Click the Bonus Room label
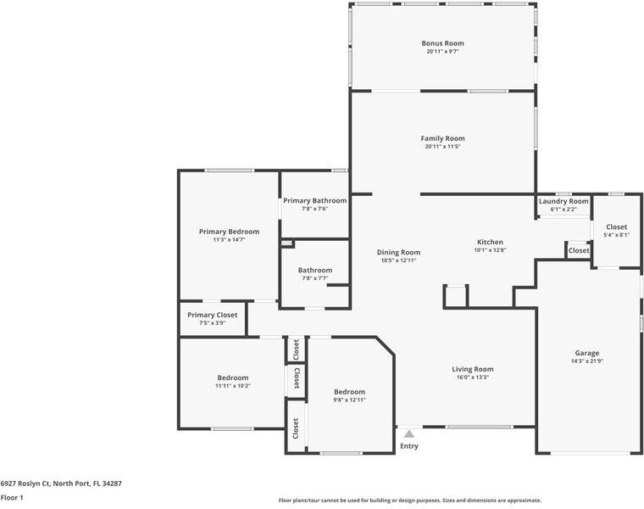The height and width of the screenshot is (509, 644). point(442,43)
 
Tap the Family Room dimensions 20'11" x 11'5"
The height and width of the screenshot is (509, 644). point(442,147)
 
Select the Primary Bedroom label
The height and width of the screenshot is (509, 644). point(229,232)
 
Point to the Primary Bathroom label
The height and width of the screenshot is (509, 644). point(314,201)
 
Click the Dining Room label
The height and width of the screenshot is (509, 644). point(398,252)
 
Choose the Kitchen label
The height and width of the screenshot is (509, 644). point(490,242)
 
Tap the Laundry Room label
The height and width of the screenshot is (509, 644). point(563,201)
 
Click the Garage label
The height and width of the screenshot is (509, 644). point(587,353)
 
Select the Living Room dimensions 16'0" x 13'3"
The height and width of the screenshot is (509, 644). point(472,378)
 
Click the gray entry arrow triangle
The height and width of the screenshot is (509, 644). point(409,434)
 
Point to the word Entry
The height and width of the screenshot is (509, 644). point(409,446)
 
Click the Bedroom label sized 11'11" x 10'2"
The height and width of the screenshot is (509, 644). point(232,378)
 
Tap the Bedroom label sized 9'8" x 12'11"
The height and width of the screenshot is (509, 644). point(349,391)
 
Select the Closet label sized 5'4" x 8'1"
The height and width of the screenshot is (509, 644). point(616,227)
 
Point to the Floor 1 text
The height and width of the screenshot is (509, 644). point(12,498)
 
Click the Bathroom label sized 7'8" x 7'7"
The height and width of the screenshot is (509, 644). point(314,270)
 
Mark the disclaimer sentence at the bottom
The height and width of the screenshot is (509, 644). point(409,501)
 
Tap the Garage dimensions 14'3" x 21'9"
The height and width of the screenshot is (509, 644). point(587,361)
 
